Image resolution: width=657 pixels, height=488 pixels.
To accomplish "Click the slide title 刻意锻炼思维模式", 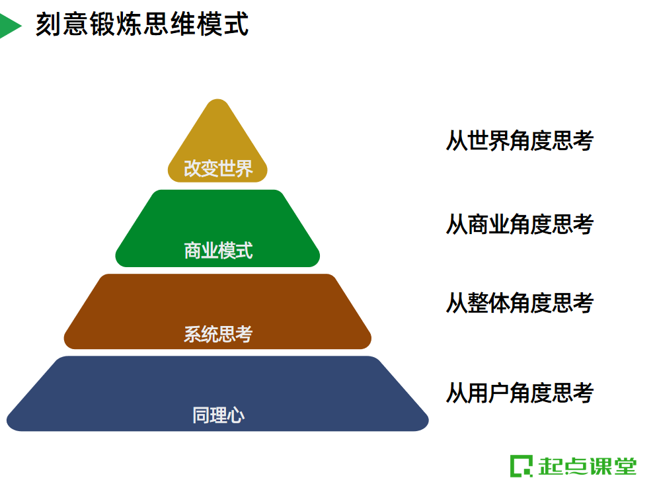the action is click(x=141, y=26).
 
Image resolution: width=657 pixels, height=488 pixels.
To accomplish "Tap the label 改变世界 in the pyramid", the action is click(x=218, y=169).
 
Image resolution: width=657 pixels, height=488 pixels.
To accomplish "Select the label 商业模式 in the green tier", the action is click(x=218, y=251).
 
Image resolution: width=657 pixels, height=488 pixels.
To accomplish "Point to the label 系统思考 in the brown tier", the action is click(x=218, y=334).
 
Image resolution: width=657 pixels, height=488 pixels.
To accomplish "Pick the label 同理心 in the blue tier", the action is click(x=218, y=416).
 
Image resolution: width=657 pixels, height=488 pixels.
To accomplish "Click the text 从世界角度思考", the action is click(x=520, y=141).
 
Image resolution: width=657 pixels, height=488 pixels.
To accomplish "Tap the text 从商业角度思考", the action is click(x=520, y=225).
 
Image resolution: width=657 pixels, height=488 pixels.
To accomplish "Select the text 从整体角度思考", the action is click(x=520, y=303).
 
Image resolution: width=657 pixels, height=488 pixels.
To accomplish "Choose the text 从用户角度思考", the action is click(x=520, y=393).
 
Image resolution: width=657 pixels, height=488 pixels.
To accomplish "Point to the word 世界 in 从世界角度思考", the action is click(x=488, y=141).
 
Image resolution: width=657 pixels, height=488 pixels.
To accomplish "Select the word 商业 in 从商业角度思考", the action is click(x=488, y=225).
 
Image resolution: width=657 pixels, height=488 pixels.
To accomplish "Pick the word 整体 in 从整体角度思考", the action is click(x=488, y=303).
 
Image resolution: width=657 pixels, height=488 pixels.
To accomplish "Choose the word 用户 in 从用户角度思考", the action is click(x=488, y=393).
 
